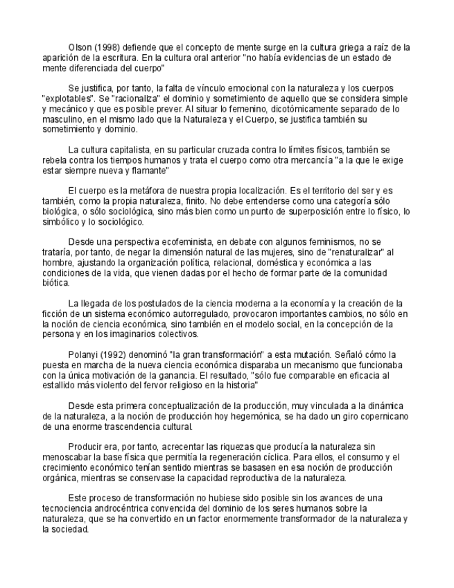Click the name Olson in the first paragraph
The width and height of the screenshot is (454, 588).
(80, 47)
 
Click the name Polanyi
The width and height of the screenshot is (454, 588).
(83, 354)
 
